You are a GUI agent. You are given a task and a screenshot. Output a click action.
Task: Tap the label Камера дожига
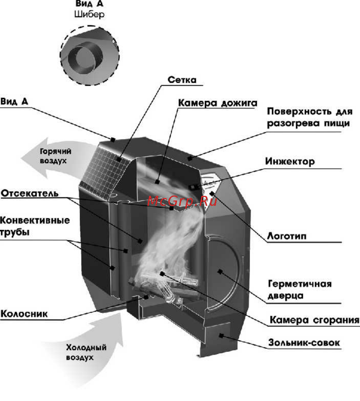[217, 103]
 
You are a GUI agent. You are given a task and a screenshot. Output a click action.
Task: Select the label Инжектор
[290, 161]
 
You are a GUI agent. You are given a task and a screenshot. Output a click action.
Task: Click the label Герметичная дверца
[300, 290]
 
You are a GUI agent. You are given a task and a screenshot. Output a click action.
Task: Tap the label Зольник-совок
[304, 343]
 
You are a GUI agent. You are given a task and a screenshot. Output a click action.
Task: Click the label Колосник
[24, 314]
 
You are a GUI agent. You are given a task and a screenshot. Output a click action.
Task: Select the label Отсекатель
[29, 194]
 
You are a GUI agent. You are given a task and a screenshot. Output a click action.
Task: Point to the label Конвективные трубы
[35, 226]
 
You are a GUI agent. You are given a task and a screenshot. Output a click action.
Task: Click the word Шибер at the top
[89, 15]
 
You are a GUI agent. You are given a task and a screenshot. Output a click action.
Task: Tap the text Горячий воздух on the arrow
[55, 156]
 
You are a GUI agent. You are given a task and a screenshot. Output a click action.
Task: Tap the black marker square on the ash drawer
[221, 335]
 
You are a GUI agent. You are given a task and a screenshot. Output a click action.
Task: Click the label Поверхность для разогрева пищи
[309, 118]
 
